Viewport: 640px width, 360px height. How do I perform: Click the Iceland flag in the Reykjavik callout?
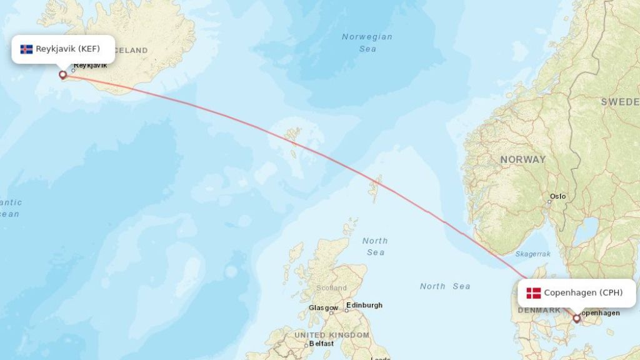point(26,49)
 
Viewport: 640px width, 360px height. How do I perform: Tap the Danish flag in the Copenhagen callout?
point(533,293)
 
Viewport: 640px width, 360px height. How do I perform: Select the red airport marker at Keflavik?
point(62,75)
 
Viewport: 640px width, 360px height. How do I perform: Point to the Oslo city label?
point(558,196)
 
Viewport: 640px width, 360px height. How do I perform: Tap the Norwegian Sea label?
point(367,42)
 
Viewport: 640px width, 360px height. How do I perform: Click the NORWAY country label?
point(522,160)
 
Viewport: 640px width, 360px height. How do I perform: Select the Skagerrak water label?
point(533,254)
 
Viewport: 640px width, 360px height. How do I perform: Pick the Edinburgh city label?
point(364,305)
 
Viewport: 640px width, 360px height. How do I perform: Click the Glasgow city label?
point(323,308)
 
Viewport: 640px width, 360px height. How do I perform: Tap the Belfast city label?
point(322,344)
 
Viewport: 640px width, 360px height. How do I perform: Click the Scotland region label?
point(331,288)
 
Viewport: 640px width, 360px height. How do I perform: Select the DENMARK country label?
point(539,310)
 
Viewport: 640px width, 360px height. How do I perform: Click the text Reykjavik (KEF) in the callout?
point(67,49)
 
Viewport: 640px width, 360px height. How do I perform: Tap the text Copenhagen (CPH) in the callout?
point(583,292)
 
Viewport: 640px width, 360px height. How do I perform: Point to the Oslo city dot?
point(550,201)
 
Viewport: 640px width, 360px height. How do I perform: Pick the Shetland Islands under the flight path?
point(376,187)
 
